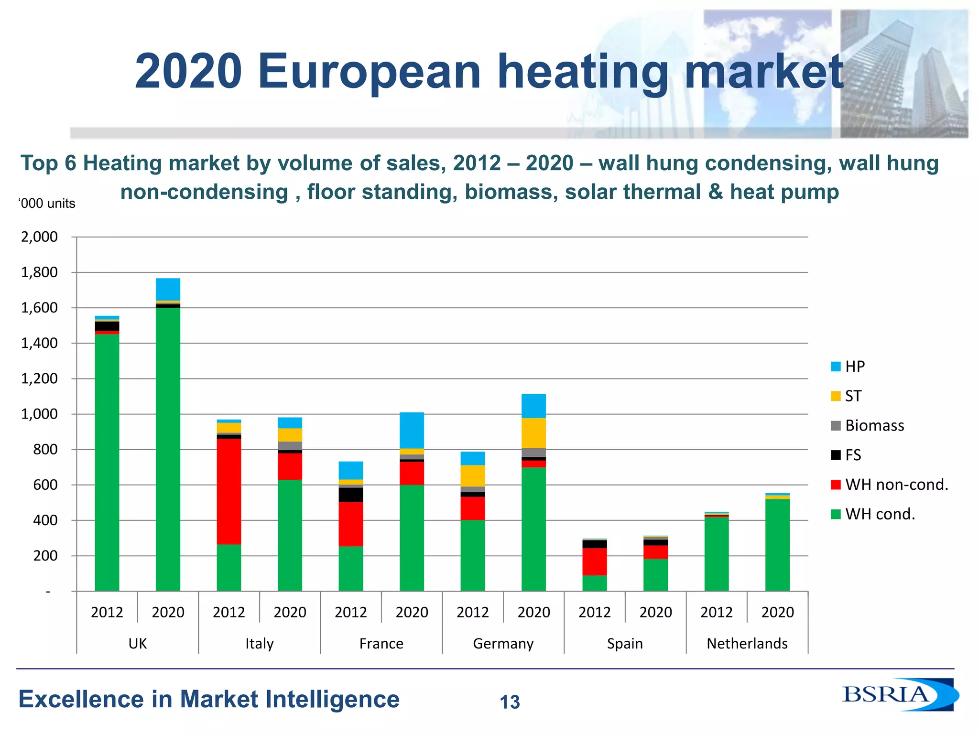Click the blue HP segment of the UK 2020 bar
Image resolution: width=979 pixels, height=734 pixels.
pyautogui.click(x=168, y=289)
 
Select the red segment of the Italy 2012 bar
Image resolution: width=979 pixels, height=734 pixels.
pyautogui.click(x=228, y=491)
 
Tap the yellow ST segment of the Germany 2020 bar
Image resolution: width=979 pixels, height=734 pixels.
pyautogui.click(x=533, y=433)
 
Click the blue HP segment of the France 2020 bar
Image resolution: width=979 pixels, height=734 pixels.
pyautogui.click(x=412, y=430)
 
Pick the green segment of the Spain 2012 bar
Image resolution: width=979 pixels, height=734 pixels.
pyautogui.click(x=594, y=583)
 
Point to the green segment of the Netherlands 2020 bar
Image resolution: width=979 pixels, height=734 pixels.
pyautogui.click(x=777, y=545)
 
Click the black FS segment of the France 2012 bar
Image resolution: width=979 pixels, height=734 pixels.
pyautogui.click(x=350, y=495)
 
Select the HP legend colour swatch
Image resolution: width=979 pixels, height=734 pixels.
pyautogui.click(x=836, y=367)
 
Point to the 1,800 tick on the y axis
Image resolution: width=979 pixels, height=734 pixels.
pyautogui.click(x=39, y=272)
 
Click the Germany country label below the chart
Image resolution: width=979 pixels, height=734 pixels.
pyautogui.click(x=503, y=644)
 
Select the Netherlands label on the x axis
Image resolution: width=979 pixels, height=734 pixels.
pyautogui.click(x=747, y=644)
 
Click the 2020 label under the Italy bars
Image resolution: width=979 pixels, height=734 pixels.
pyautogui.click(x=290, y=612)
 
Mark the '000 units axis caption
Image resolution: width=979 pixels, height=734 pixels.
pyautogui.click(x=47, y=204)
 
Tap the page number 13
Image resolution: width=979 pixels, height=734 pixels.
pyautogui.click(x=510, y=702)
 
